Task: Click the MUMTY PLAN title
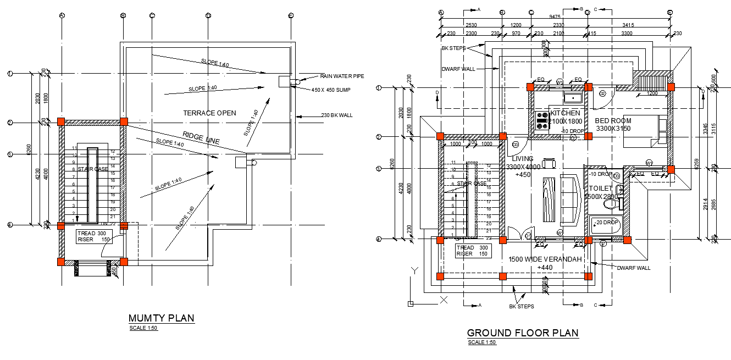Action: (161, 318)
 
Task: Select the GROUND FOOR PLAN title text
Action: (522, 333)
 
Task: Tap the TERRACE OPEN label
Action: (210, 113)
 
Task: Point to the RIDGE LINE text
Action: (201, 139)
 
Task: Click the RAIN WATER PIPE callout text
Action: (342, 76)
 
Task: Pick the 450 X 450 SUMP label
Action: (331, 90)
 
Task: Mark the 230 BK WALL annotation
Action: (337, 115)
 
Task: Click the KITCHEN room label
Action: (565, 113)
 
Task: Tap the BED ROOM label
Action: (613, 121)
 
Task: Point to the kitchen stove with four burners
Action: (542, 120)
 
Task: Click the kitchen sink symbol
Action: (573, 98)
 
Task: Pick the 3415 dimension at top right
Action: (628, 25)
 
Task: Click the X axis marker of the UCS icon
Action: (445, 300)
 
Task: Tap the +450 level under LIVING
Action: (522, 175)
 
